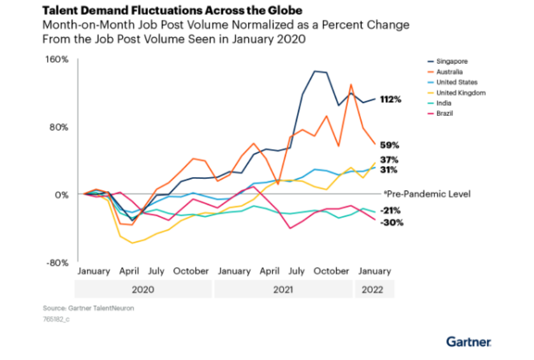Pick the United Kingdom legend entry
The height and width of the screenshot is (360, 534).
pos(461,93)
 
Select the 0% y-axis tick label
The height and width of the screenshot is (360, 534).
pos(62,195)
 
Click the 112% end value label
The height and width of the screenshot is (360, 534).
pos(390,100)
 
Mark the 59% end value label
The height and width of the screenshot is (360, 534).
pos(389,144)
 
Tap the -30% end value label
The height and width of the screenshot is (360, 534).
pos(391,223)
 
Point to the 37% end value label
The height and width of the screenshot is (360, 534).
pos(389,160)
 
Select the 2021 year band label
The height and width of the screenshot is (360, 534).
pos(283,290)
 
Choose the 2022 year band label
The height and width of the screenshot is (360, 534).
pos(374,290)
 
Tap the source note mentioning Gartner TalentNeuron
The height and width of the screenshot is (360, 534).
pos(88,308)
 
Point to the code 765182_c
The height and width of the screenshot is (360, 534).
pos(55,319)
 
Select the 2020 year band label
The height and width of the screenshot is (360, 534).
pos(143,290)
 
